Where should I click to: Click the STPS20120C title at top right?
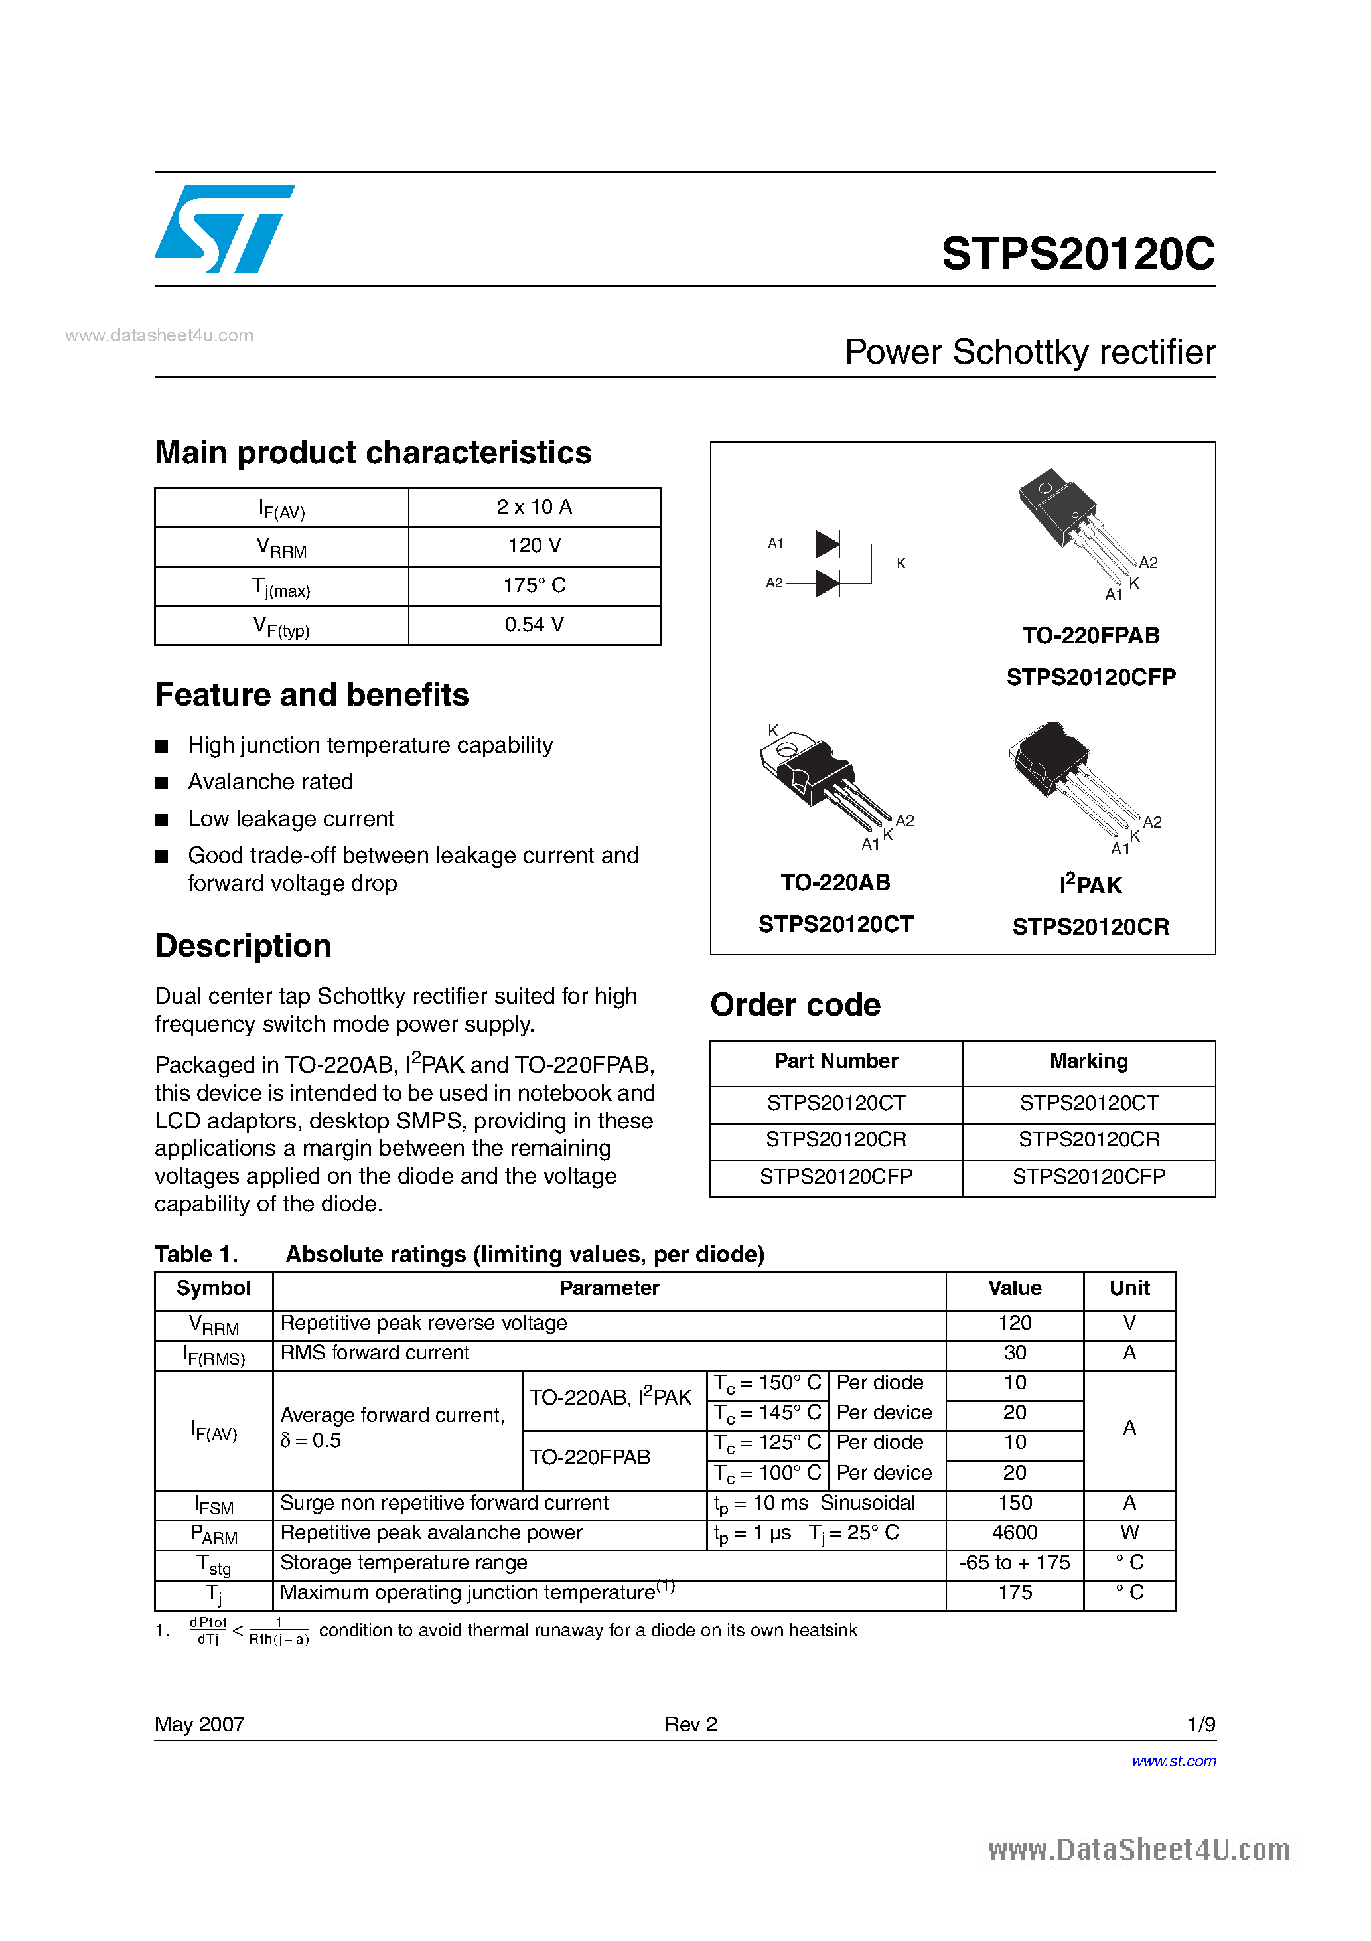(x=1078, y=254)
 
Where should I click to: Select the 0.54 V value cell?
(x=534, y=625)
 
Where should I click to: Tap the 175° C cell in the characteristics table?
(x=534, y=585)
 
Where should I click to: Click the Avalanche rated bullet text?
(x=271, y=782)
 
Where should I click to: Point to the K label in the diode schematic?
(x=901, y=563)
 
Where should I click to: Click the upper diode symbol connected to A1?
(x=828, y=544)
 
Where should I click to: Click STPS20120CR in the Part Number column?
(x=836, y=1140)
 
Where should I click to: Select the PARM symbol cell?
(x=214, y=1533)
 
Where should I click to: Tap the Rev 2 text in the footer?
(x=691, y=1725)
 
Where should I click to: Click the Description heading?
(x=244, y=946)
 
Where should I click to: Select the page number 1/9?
(x=1201, y=1725)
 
